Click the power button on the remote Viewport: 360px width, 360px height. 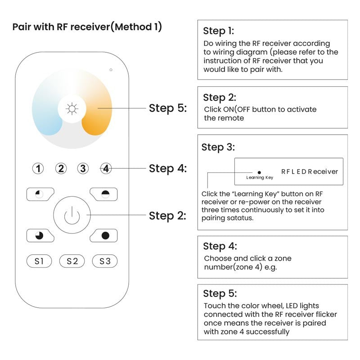coord(72,216)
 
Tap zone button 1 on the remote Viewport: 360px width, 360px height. coord(39,169)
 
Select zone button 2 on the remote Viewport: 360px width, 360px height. coord(61,169)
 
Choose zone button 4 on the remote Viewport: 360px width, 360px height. coord(105,169)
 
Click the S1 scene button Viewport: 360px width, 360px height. coord(39,261)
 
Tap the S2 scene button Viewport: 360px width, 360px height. coord(72,261)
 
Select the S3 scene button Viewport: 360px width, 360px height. coord(105,261)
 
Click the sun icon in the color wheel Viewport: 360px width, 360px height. coord(71,109)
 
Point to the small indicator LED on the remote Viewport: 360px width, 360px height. coord(111,70)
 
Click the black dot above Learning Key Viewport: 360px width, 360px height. coord(259,172)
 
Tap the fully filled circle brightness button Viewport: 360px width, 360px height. coord(105,235)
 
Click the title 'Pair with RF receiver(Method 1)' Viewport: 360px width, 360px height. coord(87,27)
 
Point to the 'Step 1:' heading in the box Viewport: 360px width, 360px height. coord(218,31)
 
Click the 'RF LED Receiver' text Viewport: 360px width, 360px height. coord(309,171)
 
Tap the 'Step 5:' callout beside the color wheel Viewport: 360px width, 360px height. coord(167,108)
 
